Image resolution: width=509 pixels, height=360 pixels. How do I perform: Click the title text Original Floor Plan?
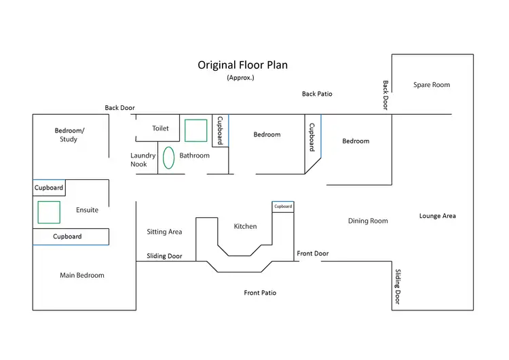[x=243, y=65]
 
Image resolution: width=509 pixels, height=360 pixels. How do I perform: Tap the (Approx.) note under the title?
[x=240, y=78]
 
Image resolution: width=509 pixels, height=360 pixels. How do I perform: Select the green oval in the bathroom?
[x=168, y=156]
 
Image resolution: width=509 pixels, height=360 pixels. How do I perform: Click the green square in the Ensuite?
[x=49, y=212]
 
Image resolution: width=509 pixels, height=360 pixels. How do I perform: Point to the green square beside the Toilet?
[x=196, y=130]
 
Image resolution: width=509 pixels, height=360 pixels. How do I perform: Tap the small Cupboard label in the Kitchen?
[x=283, y=206]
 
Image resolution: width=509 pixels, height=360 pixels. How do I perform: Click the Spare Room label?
[x=432, y=85]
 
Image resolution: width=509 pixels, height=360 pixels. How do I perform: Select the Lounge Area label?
[x=437, y=216]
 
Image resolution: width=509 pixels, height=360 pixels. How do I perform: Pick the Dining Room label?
[x=368, y=221]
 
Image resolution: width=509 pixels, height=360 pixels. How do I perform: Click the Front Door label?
[x=313, y=253]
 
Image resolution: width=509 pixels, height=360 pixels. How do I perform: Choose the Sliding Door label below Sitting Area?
[x=164, y=256]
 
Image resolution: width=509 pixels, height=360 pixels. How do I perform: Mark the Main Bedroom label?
[x=82, y=275]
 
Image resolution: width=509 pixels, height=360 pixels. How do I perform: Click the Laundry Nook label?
[x=143, y=160]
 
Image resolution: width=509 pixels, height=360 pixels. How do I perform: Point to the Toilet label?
[x=160, y=128]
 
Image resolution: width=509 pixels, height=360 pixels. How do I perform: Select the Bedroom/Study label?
[x=69, y=134]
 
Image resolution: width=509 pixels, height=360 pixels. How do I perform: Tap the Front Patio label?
[x=260, y=293]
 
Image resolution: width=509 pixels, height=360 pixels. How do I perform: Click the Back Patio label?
[x=317, y=94]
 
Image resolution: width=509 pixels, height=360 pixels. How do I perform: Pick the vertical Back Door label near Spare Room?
[x=385, y=95]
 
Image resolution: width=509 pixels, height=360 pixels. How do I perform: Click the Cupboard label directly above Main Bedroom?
[x=67, y=236]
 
